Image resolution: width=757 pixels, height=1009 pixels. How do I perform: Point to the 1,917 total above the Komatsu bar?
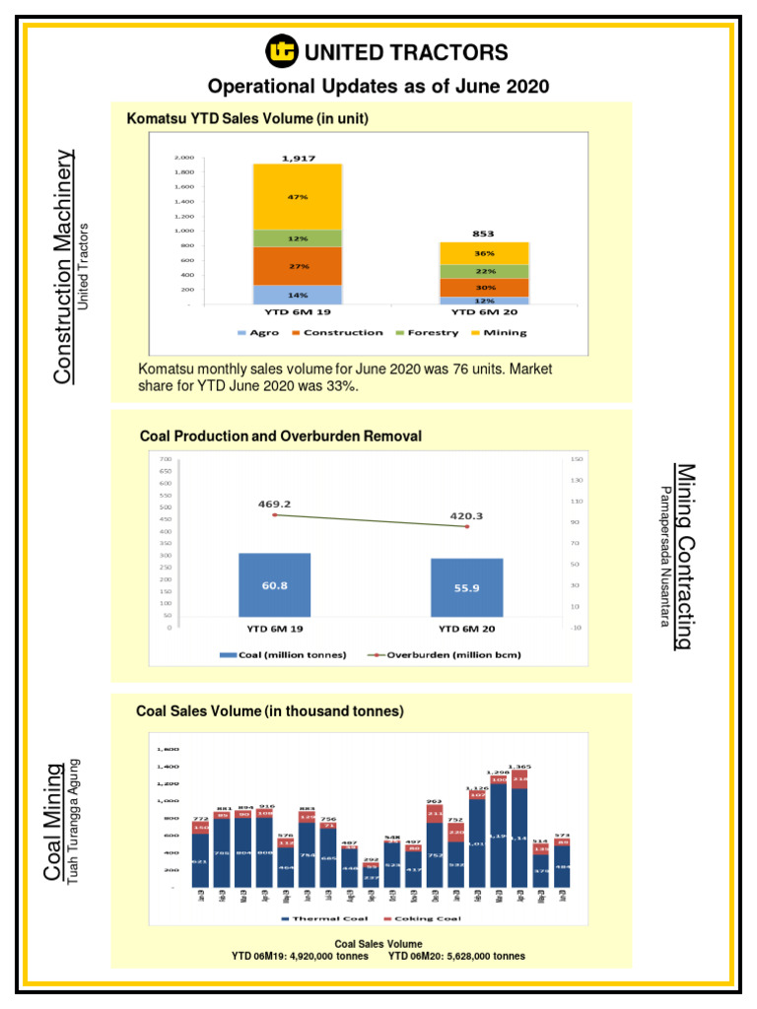tap(299, 157)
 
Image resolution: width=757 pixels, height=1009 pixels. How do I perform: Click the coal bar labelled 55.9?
tap(466, 588)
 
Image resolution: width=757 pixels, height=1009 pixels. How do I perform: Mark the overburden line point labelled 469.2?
tap(275, 514)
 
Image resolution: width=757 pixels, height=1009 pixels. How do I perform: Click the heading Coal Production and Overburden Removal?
tap(281, 436)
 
